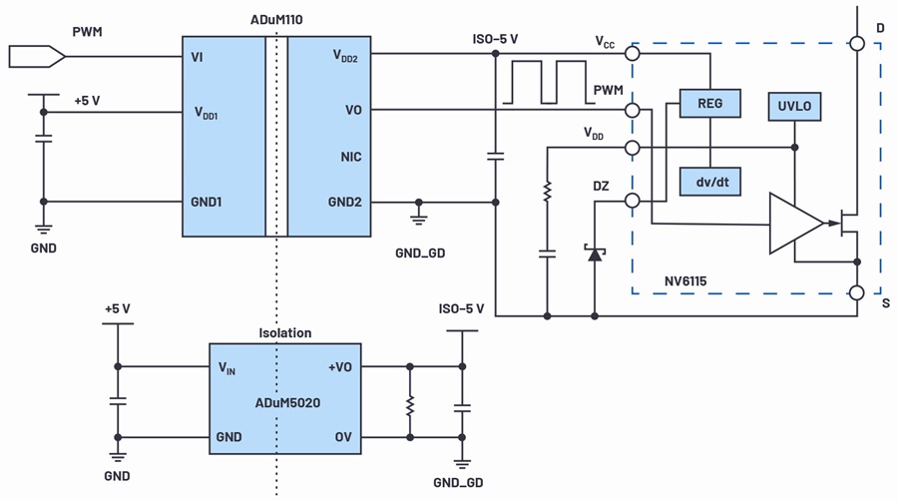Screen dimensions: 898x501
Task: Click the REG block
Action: (710, 104)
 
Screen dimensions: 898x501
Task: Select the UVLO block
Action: (794, 106)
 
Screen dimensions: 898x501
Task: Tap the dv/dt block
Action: (710, 182)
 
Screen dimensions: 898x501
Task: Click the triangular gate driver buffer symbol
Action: (797, 224)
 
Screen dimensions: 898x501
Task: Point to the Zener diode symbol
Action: (595, 252)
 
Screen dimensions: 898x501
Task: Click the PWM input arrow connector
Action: (37, 57)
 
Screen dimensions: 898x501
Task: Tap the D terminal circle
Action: (857, 43)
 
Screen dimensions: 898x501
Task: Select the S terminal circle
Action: (857, 292)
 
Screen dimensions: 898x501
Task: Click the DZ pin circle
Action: (633, 201)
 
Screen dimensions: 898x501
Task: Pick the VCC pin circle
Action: (633, 54)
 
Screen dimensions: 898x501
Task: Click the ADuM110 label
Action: (276, 20)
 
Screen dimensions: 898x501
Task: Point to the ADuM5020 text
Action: (287, 403)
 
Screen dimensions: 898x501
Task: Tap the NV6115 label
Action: (685, 281)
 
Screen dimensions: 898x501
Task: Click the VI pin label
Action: (197, 57)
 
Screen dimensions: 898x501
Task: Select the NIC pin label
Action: (351, 157)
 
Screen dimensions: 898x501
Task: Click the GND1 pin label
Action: (207, 203)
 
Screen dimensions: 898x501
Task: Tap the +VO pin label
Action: (340, 367)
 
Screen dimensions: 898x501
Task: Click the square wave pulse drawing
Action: (549, 83)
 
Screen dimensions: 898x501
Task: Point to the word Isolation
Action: (285, 333)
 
